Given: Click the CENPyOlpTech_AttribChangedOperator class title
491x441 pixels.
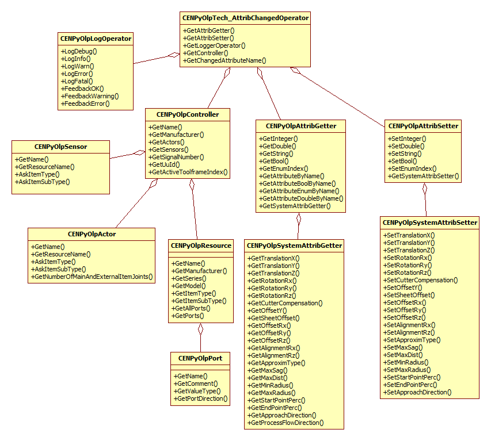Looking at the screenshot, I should point(245,18).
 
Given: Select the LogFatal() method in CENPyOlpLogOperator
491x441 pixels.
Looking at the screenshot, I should point(77,81).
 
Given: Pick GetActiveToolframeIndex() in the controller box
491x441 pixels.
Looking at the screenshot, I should point(188,171).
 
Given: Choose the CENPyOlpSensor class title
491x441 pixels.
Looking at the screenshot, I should point(60,147).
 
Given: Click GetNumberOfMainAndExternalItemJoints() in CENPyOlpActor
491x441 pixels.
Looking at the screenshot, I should point(92,277).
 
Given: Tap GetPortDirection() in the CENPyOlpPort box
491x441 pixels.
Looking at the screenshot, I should point(201,398).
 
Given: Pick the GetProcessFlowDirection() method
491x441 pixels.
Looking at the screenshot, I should point(286,422).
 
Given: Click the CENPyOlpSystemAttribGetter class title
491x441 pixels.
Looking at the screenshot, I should point(294,246).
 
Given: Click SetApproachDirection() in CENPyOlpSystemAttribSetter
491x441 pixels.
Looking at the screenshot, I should point(417,392).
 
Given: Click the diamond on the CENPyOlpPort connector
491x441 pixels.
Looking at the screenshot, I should point(201,329).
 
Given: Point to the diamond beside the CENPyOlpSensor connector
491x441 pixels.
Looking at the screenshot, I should point(139,152).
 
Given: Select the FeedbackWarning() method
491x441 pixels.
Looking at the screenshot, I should point(89,96).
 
